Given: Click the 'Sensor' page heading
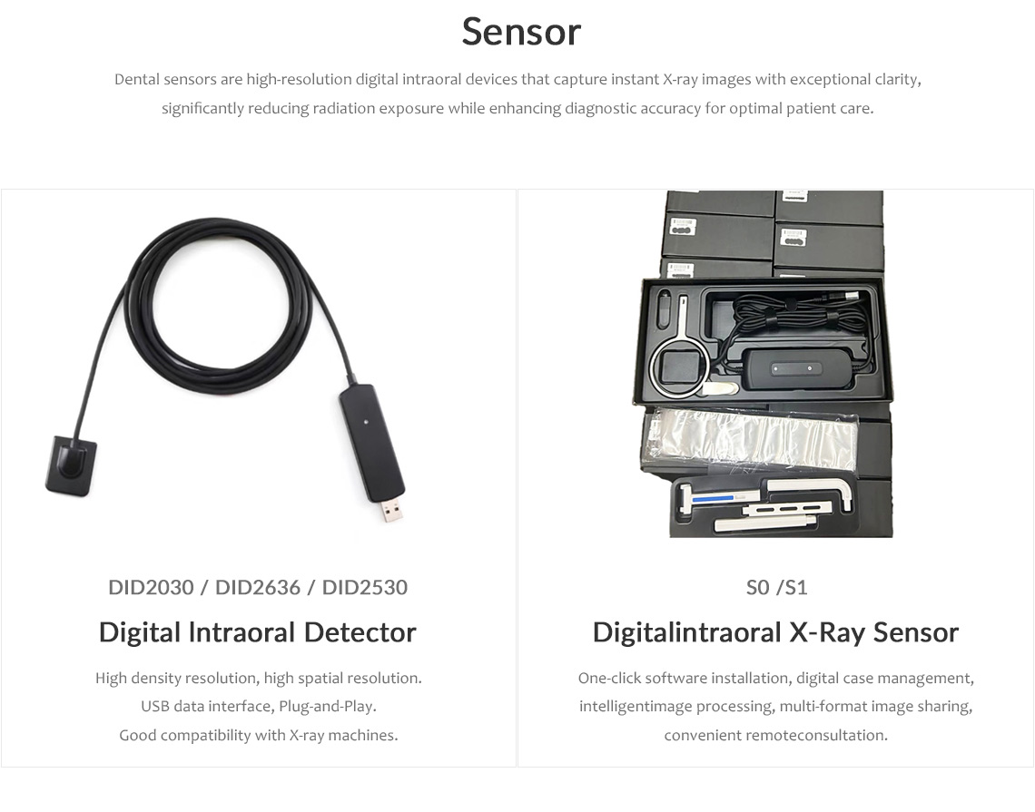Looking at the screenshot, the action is coord(521,32).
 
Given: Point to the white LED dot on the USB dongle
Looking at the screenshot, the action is coord(364,419).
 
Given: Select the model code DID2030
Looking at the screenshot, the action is coord(151,587).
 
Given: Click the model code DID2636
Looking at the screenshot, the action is coord(258,587).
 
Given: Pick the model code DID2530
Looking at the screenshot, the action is coord(364,587).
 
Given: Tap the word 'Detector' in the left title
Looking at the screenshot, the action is coord(360,632).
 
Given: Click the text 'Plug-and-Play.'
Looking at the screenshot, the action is coord(328,707).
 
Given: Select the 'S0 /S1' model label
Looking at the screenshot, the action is coord(776,587).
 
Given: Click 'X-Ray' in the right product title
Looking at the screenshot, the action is coord(827,632).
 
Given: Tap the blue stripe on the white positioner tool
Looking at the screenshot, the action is coord(713,498).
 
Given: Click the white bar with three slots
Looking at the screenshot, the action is coord(784,509).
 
